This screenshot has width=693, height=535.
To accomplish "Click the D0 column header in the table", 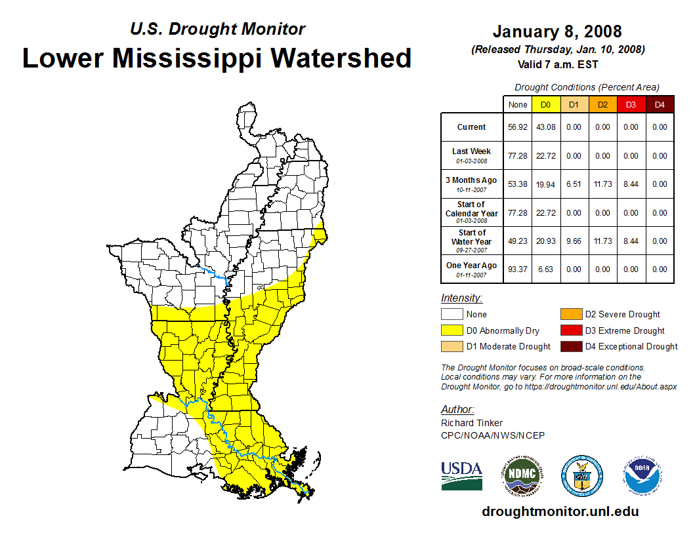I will point(545,104).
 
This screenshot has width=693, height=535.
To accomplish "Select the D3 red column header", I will point(631,104).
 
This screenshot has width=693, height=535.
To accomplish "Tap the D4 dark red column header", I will point(659,104).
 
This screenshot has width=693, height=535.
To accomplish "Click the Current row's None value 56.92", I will point(518,127).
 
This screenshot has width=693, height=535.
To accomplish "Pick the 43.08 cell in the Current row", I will point(545,127).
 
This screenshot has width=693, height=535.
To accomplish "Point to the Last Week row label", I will point(471,155).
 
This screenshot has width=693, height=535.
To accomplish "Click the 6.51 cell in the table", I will point(574,184).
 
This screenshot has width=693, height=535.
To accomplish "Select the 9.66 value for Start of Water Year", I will point(574,241).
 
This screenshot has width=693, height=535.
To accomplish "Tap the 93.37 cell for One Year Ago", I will point(518,269).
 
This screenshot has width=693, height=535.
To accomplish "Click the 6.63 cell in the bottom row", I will point(545,269).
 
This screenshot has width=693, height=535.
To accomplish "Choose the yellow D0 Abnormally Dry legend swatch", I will point(451,330).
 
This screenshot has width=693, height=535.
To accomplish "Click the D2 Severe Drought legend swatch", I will point(571,315).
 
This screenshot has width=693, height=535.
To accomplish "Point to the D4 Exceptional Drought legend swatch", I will point(571,346).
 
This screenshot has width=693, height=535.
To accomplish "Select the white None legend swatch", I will point(451,315).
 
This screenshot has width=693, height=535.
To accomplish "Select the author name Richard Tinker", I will point(472,423).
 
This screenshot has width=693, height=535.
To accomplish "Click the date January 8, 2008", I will point(557,31).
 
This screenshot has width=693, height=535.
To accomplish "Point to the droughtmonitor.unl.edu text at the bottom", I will point(560,511).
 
